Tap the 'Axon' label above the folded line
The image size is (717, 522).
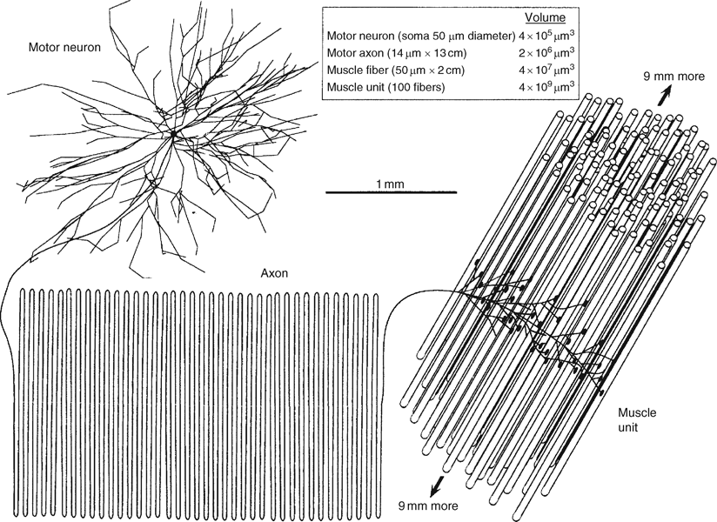(x=275, y=272)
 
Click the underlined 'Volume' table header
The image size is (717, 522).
(x=547, y=17)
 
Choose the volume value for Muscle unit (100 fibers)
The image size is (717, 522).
(x=541, y=88)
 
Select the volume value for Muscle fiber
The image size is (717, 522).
(x=541, y=71)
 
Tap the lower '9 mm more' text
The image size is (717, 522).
(x=427, y=505)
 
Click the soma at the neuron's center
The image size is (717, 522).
(x=173, y=135)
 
